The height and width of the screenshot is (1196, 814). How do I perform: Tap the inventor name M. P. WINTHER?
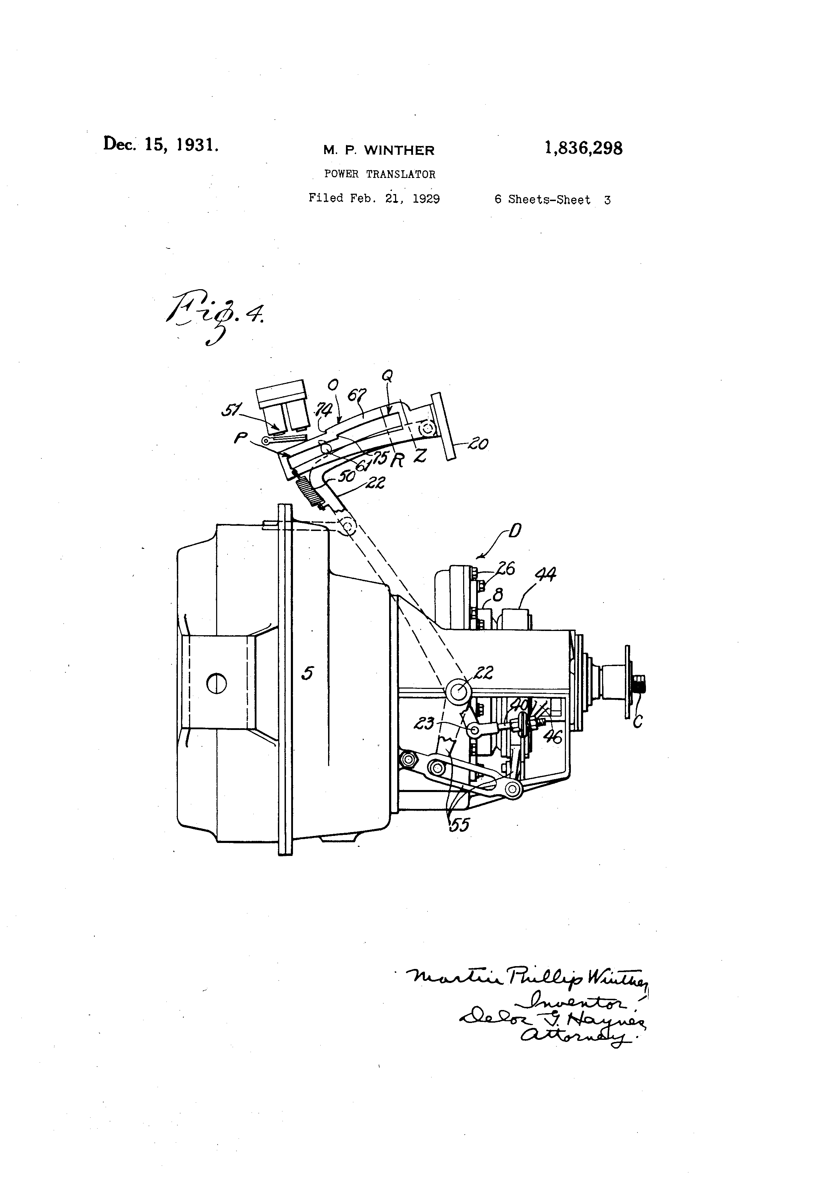[379, 150]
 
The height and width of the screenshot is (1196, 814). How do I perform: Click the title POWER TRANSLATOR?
[380, 174]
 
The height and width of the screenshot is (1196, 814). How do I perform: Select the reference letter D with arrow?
[514, 531]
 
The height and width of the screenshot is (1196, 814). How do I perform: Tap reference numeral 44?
[545, 574]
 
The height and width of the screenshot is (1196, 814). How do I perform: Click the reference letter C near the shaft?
[638, 722]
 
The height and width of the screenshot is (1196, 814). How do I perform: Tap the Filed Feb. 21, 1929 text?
[374, 199]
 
